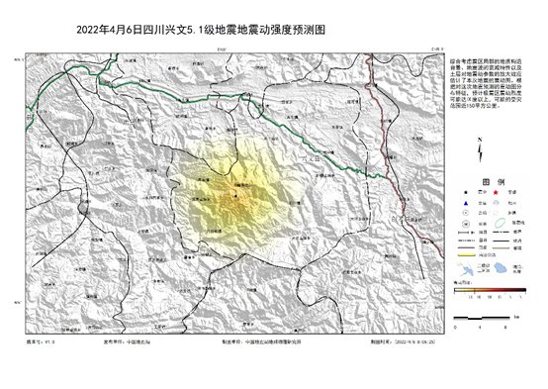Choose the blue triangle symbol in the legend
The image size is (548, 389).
(x=457, y=206)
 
